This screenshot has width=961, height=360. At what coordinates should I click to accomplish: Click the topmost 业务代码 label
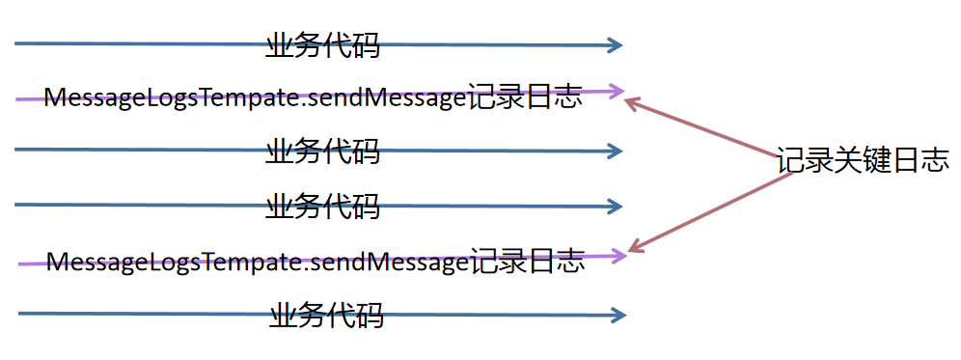[x=322, y=44]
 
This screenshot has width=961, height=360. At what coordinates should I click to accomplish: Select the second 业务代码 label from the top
[x=322, y=151]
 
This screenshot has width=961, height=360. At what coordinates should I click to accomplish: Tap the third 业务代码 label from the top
[x=322, y=206]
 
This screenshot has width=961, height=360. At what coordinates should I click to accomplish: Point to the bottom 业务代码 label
[x=326, y=315]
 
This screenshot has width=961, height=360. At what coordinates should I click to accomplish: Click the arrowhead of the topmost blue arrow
[x=616, y=44]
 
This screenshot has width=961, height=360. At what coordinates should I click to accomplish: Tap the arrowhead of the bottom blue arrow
[x=618, y=315]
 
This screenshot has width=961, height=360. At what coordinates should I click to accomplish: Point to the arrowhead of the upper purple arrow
[x=617, y=92]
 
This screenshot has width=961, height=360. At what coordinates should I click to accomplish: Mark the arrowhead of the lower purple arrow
[x=619, y=256]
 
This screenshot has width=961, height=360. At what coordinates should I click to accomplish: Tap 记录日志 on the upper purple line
[x=525, y=97]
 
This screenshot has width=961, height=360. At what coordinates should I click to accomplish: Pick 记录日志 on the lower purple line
[x=528, y=262]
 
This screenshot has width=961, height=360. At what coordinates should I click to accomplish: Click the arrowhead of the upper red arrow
[x=633, y=99]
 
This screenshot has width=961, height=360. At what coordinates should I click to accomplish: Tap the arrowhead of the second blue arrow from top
[x=616, y=151]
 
